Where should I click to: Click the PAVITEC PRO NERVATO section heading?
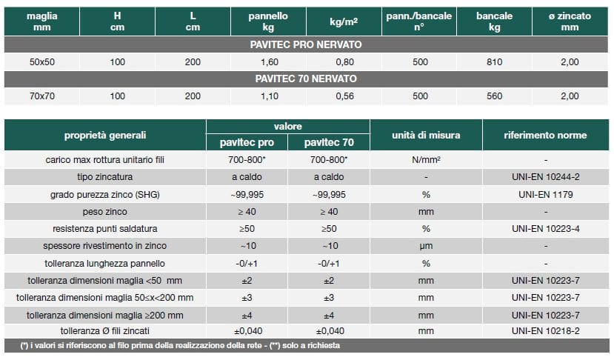pyautogui.click(x=306, y=44)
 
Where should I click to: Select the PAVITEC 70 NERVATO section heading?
pyautogui.click(x=306, y=79)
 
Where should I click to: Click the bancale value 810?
pyautogui.click(x=494, y=61)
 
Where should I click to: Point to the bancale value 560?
pyautogui.click(x=494, y=96)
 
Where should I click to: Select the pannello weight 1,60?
pyautogui.click(x=269, y=61)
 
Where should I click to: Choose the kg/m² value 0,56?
pyautogui.click(x=344, y=96)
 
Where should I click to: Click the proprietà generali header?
pyautogui.click(x=105, y=135)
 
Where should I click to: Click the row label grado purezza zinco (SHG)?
pyautogui.click(x=105, y=195)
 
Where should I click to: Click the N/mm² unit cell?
pyautogui.click(x=426, y=160)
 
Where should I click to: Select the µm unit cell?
pyautogui.click(x=426, y=246)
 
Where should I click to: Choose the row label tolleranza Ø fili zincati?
pyautogui.click(x=105, y=330)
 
